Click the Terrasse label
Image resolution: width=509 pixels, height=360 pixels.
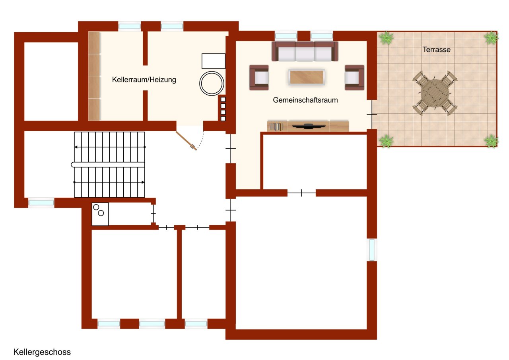pos(436,50)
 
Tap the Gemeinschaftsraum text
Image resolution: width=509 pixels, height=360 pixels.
pos(305,100)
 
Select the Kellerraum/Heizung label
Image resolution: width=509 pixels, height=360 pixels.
pos(144,80)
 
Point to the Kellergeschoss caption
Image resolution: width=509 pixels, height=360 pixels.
pos(42,352)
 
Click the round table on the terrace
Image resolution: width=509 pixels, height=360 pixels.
pos(435,93)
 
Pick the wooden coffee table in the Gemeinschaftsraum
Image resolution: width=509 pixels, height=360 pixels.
pos(307,77)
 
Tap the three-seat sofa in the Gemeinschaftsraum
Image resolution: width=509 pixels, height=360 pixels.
pos(305,51)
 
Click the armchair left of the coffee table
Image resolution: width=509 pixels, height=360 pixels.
pos(259,78)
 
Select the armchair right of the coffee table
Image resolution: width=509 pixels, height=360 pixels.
pos(354,78)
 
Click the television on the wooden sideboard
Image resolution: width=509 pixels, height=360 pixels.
pos(308,126)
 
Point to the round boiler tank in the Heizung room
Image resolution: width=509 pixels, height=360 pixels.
pos(212,84)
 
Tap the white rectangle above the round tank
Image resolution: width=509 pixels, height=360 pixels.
pos(214,61)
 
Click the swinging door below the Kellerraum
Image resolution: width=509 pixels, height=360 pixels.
pos(186,141)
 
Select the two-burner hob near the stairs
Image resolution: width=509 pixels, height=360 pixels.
pos(100,214)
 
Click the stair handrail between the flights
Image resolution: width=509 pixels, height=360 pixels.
pos(108,165)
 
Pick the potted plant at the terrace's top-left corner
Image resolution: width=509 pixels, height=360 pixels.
pos(386,38)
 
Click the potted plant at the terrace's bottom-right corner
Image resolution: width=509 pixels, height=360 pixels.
pos(491,141)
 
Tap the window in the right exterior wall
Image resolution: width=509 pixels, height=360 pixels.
pos(372,250)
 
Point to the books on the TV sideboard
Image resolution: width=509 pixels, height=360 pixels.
pos(276,127)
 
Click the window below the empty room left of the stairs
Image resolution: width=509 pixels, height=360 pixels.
pos(41,203)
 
